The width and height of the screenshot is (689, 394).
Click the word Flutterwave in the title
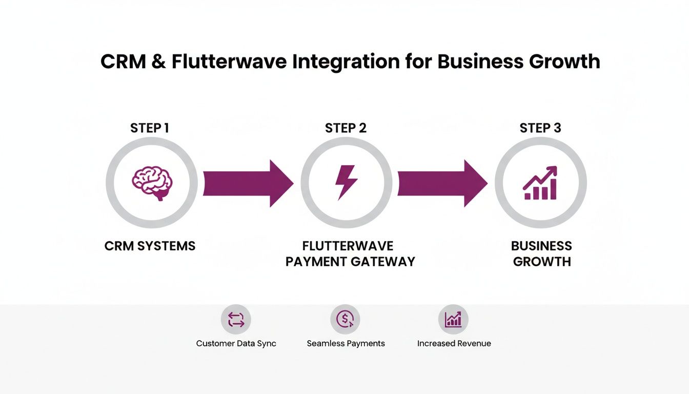tap(229, 62)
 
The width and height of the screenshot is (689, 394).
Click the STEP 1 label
tap(150, 128)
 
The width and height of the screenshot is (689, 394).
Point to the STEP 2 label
tap(346, 128)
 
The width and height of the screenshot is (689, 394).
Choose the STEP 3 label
tap(540, 128)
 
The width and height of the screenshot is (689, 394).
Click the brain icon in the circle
tap(152, 183)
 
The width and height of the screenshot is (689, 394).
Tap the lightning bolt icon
tap(346, 182)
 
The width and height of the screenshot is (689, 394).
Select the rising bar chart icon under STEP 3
tap(540, 183)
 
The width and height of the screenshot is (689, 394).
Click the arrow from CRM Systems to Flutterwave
tap(248, 183)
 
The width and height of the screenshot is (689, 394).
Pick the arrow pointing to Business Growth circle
tap(442, 183)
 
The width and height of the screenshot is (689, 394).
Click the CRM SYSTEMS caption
tap(150, 246)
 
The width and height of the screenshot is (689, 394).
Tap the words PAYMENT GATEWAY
tap(350, 262)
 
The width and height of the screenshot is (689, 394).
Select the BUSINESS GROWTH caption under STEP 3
tap(542, 253)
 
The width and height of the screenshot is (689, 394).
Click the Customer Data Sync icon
tap(236, 320)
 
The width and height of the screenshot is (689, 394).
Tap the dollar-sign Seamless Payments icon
tap(345, 320)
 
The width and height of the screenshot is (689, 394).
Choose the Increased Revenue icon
tap(453, 320)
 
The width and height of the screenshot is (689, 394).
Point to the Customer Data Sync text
tap(236, 343)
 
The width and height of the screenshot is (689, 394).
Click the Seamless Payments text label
tap(346, 343)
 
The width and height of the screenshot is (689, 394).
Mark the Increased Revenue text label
tap(454, 343)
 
